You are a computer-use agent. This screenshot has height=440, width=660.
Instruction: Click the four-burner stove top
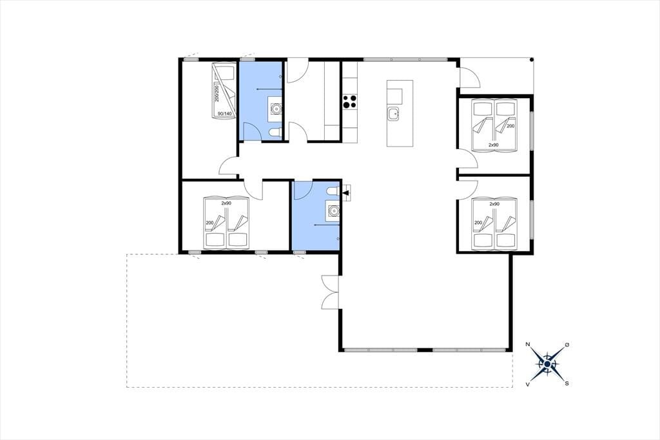tap(350, 101)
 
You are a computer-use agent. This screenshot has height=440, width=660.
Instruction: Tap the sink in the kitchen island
tap(394, 114)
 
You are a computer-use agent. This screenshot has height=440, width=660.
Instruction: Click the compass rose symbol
tap(547, 364)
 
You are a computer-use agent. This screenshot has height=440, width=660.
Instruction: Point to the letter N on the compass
tap(528, 345)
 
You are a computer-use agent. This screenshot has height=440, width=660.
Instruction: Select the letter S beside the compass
tap(567, 383)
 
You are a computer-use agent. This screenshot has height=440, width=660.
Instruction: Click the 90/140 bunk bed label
tap(225, 114)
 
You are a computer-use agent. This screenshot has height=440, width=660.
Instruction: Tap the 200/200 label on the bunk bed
tap(217, 92)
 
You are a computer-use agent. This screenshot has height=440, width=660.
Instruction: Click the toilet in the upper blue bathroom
tap(275, 133)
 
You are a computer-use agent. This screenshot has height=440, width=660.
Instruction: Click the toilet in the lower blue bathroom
tap(333, 191)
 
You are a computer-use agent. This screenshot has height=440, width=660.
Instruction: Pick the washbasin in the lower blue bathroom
tap(333, 210)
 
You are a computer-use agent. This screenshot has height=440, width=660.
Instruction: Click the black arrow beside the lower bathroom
tap(346, 193)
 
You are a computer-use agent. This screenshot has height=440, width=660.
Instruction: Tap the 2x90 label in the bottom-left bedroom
tap(226, 203)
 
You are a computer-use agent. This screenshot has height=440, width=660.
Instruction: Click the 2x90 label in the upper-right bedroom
tap(493, 145)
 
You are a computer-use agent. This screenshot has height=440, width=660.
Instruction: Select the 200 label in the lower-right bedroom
tap(478, 223)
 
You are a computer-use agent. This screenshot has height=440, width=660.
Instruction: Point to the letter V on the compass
tap(527, 384)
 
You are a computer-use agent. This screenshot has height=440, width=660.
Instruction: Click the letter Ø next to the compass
tap(567, 345)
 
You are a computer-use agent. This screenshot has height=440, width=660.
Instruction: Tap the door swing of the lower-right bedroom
tap(468, 190)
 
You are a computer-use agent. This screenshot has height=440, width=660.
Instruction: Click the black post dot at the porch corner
tap(532, 59)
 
